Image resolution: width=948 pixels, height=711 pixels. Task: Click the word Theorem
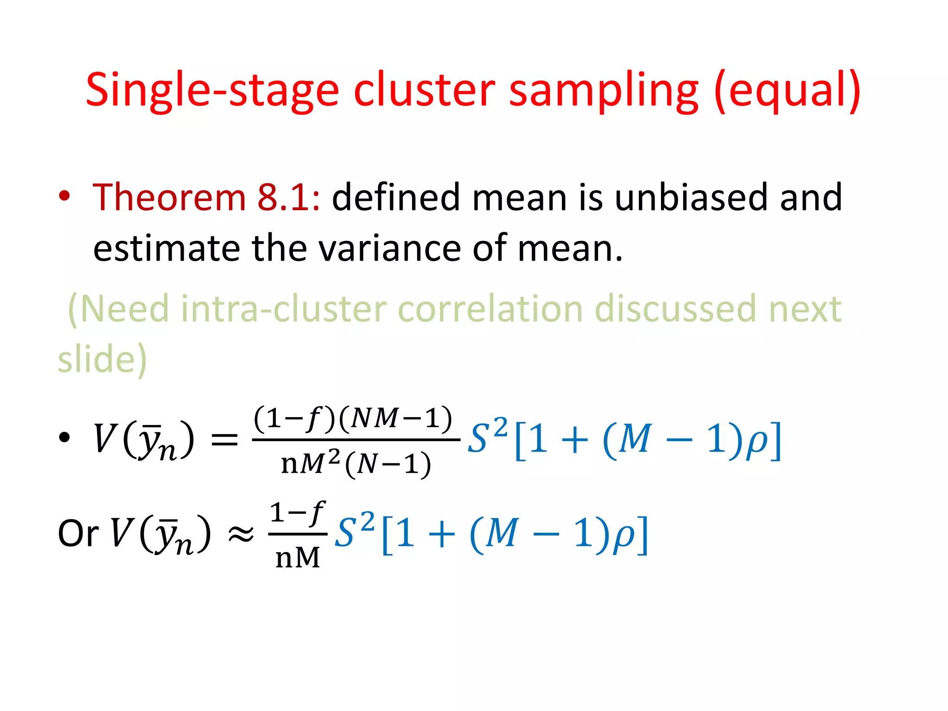point(169,197)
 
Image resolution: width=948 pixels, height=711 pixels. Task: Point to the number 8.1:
point(288,197)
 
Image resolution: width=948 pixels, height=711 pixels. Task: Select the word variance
point(390,249)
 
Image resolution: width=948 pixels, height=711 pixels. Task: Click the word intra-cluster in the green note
point(283,309)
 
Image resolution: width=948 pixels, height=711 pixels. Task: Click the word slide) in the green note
point(102,359)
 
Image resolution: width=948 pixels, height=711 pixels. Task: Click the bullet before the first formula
point(64,437)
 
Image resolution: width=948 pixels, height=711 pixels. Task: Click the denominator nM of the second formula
point(298,557)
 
